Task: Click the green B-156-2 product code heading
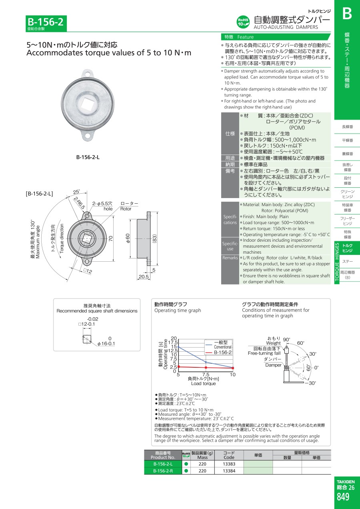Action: [x=46, y=22]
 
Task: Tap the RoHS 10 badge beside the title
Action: [x=243, y=22]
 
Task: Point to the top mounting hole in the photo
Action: [x=88, y=74]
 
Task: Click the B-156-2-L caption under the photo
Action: [x=88, y=157]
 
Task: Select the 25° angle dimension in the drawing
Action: [x=76, y=192]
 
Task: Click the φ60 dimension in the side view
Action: [x=128, y=238]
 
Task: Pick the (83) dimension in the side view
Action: [x=155, y=238]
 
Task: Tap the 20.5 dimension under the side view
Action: [x=144, y=277]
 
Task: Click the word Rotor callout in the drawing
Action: [x=126, y=208]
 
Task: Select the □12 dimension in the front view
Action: [x=88, y=271]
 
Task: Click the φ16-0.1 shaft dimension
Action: [x=106, y=344]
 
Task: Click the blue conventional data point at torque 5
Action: [x=178, y=347]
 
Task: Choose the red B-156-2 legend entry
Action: [x=218, y=353]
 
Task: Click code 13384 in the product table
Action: [x=229, y=471]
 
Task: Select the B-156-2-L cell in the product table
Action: [x=163, y=464]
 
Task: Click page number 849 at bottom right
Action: [x=343, y=497]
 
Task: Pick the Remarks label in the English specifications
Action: [x=230, y=258]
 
